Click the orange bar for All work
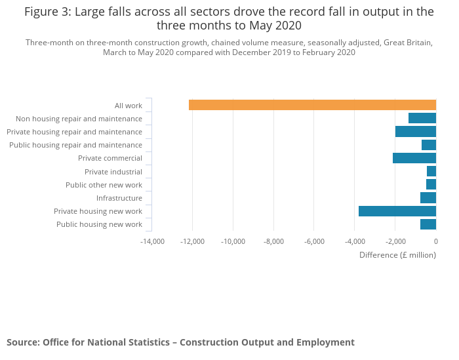(x=312, y=105)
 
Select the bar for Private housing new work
(x=397, y=211)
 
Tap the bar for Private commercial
(x=414, y=158)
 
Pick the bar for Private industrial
(x=431, y=171)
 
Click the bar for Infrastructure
(x=428, y=198)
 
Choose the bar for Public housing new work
(x=428, y=224)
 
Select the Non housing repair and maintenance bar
(x=422, y=118)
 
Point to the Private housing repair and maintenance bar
(x=416, y=131)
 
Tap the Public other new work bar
(x=431, y=185)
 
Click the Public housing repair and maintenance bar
(x=429, y=145)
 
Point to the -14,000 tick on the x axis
(x=153, y=241)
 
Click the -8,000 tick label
(x=274, y=241)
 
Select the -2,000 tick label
(x=395, y=241)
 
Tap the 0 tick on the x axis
(x=435, y=241)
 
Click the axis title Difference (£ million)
(x=397, y=255)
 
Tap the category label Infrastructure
(x=119, y=198)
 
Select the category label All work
(x=129, y=106)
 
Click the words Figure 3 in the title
(x=48, y=12)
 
